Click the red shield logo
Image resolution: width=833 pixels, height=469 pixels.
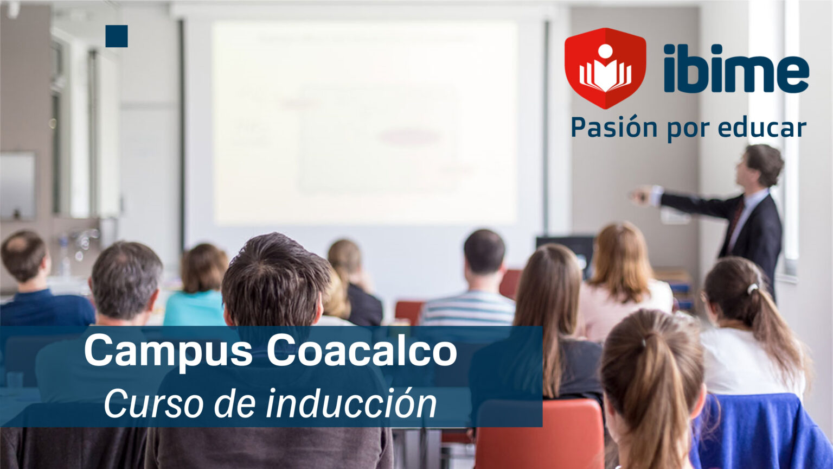(605, 68)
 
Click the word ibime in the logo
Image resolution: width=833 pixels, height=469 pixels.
(736, 69)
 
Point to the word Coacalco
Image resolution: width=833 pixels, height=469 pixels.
(362, 351)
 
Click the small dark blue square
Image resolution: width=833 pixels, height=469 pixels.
(117, 36)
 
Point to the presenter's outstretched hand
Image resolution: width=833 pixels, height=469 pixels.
(642, 195)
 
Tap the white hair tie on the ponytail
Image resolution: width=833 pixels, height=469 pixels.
(752, 288)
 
